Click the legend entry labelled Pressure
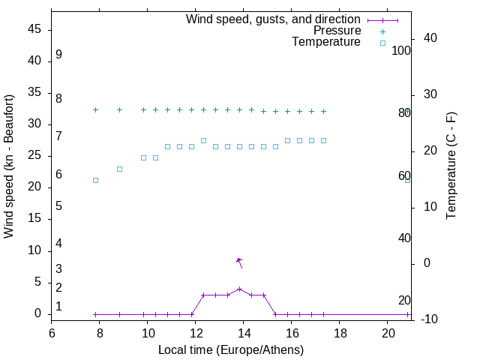337,31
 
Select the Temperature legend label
326,42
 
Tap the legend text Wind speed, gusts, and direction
273,19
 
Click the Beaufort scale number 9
58,55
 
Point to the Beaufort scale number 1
58,307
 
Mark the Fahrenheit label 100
402,51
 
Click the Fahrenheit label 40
404,238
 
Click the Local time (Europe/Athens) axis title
231,349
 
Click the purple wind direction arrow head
238,259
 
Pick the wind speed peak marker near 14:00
239,289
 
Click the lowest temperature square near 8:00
95,180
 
